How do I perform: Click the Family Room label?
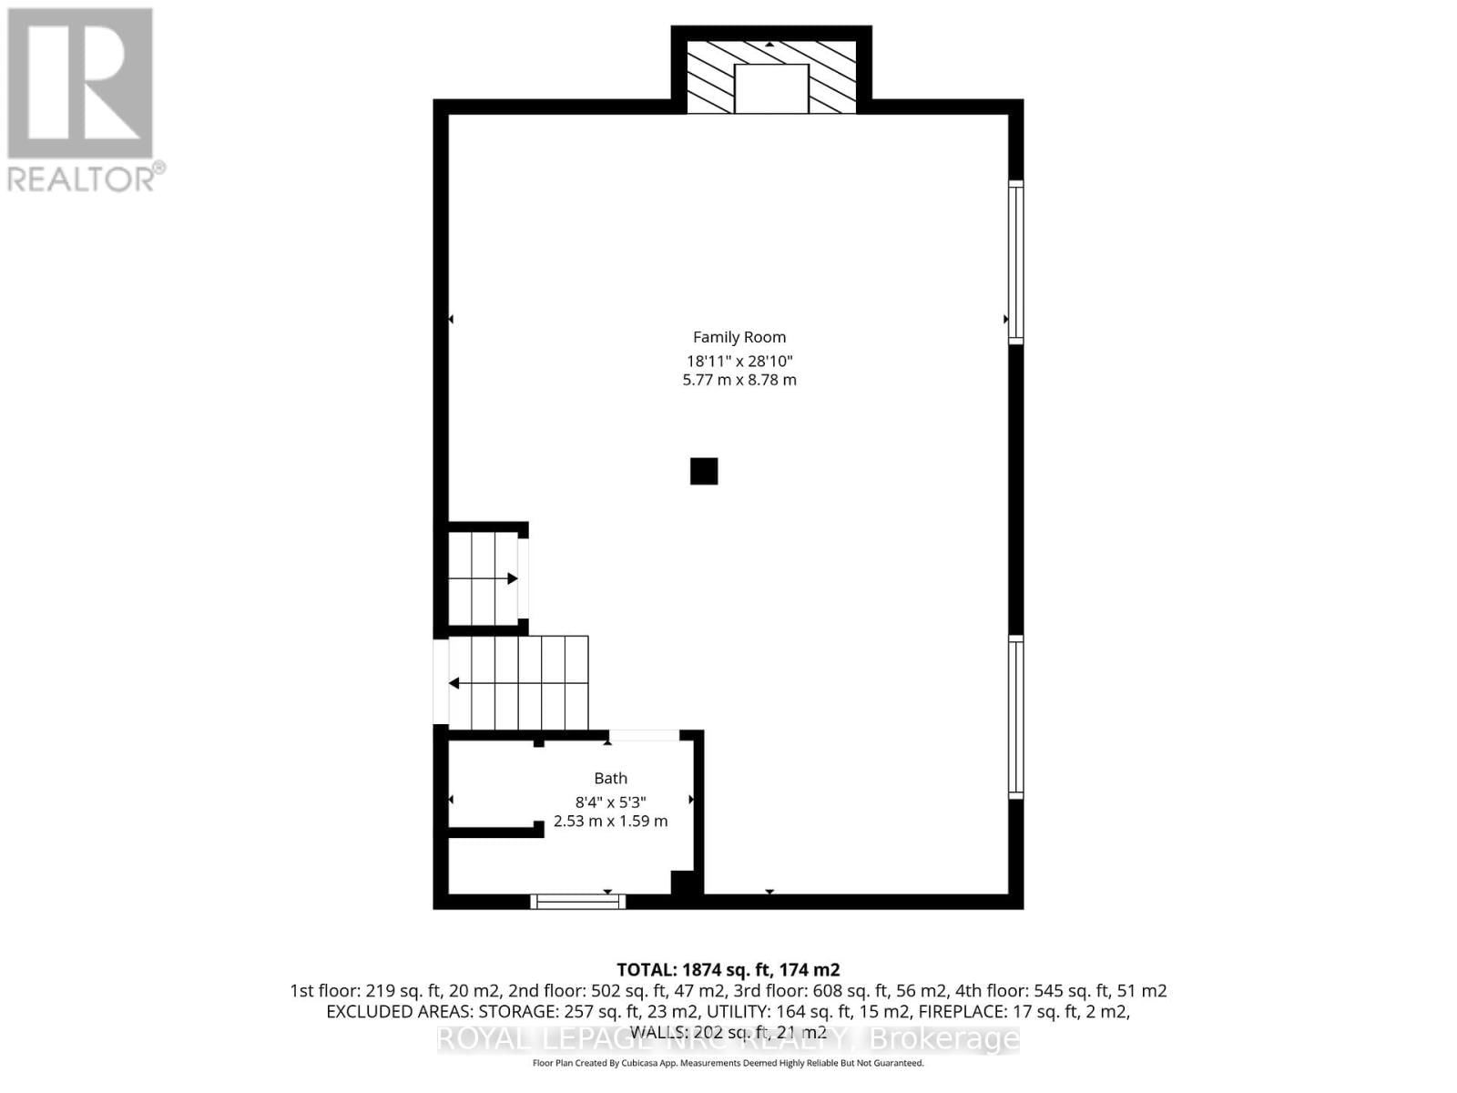tap(739, 337)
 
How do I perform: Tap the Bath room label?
tap(610, 778)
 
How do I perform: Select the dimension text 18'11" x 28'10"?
tap(739, 361)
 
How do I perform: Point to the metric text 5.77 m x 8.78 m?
tap(739, 380)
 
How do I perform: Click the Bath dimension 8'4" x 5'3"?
tap(610, 802)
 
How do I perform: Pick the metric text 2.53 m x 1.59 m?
tap(610, 821)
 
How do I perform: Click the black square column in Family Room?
tap(704, 471)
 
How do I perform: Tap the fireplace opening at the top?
tap(771, 88)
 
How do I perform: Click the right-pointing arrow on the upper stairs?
tap(512, 578)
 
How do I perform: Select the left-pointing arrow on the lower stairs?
tap(453, 683)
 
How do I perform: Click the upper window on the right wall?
tap(1015, 262)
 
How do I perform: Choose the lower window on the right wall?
tap(1015, 717)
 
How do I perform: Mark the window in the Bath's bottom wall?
tap(578, 902)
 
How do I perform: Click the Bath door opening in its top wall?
tap(644, 735)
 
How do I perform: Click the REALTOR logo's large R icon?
tap(80, 84)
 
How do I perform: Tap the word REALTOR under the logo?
tap(82, 179)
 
